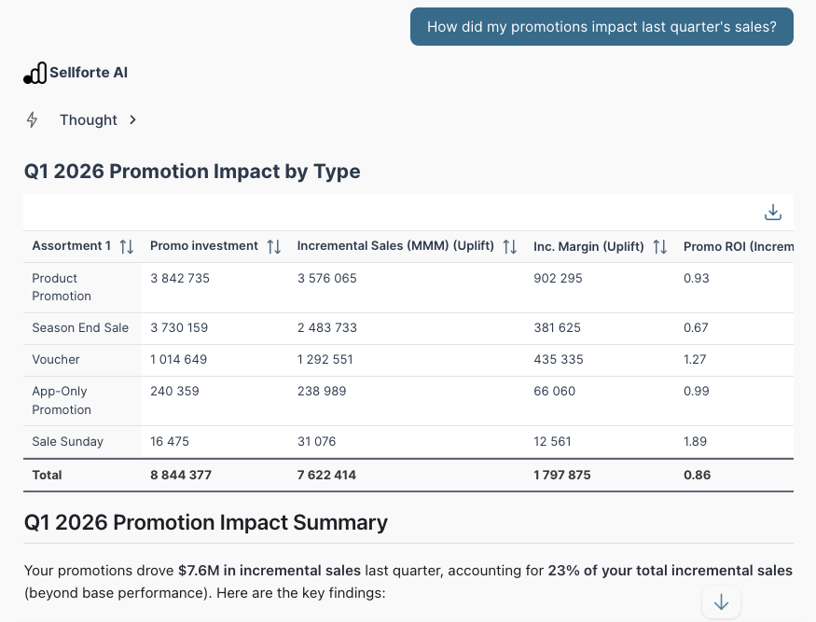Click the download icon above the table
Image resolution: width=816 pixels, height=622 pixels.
coord(773,213)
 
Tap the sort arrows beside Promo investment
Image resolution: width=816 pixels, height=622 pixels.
coord(274,246)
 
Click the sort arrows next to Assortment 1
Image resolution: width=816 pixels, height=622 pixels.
coord(127,246)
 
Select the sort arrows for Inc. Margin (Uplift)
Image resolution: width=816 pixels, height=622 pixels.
coord(660,246)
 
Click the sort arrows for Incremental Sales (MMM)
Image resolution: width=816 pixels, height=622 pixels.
coord(510,246)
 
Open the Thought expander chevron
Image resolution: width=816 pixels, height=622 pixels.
coord(132,120)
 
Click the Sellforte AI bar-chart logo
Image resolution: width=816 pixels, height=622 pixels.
coord(35,73)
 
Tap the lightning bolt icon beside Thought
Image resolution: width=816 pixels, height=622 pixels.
coord(32,119)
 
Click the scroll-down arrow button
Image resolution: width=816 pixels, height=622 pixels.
coord(721,602)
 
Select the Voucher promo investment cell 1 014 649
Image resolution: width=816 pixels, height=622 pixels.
coord(178,360)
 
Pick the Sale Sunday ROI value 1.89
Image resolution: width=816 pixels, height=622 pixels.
coord(696,441)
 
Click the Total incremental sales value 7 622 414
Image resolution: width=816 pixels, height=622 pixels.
coord(326,475)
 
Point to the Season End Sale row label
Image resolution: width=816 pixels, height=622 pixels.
coord(80,328)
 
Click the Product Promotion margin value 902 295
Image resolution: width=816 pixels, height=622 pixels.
coord(558,279)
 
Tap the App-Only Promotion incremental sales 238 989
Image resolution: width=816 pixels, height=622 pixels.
coord(322,392)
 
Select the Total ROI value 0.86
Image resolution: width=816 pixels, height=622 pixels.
coord(698,475)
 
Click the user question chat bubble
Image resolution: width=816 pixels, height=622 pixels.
coord(602,26)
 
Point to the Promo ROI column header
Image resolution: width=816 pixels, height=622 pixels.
coord(739,246)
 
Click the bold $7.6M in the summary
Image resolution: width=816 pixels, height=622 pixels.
coord(199,571)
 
